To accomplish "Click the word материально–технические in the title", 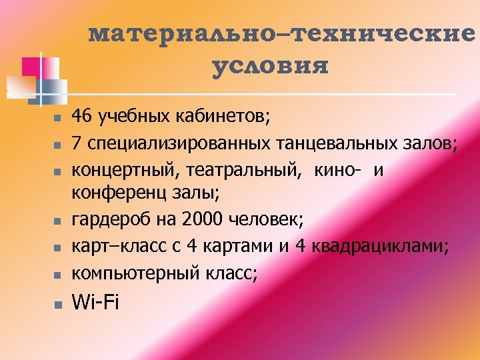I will coord(282,34).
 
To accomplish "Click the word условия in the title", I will coord(270,67).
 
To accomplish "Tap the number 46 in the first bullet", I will coord(83,117).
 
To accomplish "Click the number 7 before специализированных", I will coord(76,143).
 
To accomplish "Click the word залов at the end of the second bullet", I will coord(430,143).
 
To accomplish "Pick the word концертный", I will coord(121,169).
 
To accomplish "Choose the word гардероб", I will coord(104,220).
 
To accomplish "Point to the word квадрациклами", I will coord(381,246).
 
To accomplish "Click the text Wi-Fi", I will coord(95,302).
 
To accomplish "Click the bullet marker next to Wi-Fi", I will coord(57,304).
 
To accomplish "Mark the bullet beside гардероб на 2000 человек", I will coord(57,221).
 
